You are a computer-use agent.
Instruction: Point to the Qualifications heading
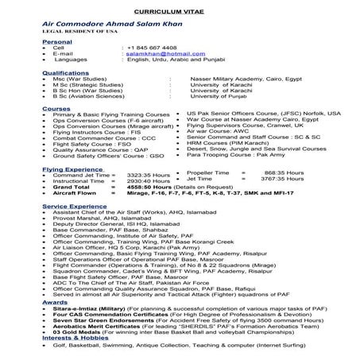pos(65,72)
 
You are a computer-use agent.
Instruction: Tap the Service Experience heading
pos(73,205)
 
